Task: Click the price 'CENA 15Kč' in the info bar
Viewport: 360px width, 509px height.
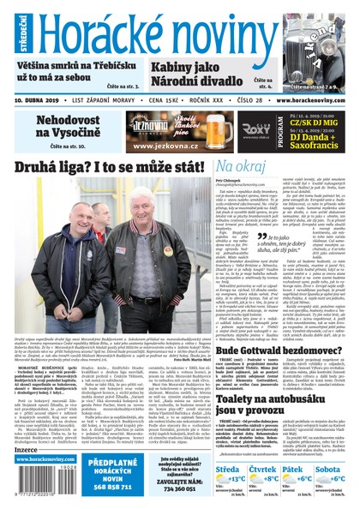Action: [137, 100]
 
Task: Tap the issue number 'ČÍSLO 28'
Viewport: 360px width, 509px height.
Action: [229, 100]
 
